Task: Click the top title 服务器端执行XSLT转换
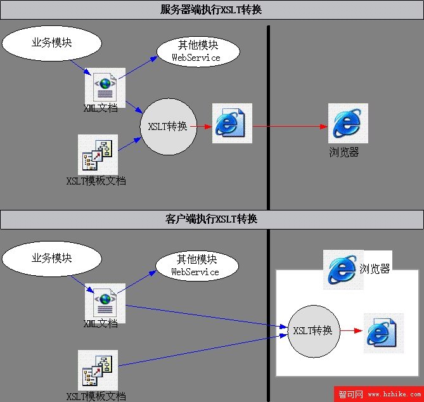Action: coord(211,10)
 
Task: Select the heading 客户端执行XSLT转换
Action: coord(211,219)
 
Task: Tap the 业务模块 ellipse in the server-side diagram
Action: coord(51,43)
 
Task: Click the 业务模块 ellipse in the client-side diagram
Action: coord(51,259)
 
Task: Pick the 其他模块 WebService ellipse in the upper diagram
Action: coord(198,51)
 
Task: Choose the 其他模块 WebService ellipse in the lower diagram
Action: coord(197,266)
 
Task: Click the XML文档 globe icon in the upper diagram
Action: coord(105,87)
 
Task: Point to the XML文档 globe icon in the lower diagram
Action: coord(105,302)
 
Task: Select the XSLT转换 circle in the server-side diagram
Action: coord(169,127)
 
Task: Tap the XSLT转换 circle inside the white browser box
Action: coord(314,331)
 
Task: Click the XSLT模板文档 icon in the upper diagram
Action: coord(98,155)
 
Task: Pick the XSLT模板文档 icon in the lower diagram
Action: coord(98,370)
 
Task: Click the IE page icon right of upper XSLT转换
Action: coord(232,123)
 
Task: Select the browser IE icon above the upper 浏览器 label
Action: coord(348,123)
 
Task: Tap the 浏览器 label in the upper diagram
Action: coord(344,152)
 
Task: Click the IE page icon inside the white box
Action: coord(383,333)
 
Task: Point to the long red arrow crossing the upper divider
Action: coord(290,126)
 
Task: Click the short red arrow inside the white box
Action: coord(351,330)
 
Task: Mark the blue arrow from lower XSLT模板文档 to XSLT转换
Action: coord(203,351)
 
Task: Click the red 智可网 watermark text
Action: coord(350,394)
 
